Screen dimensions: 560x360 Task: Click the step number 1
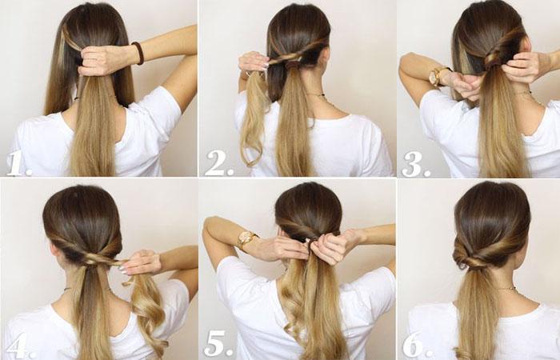tap(18, 164)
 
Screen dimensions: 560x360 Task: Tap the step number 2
tap(218, 163)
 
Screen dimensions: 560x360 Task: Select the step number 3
tap(416, 164)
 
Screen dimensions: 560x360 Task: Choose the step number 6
tap(417, 346)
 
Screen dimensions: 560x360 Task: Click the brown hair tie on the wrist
tap(138, 53)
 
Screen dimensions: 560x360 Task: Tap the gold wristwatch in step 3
tap(437, 76)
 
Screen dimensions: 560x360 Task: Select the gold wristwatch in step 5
tap(246, 238)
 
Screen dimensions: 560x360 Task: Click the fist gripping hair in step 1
tap(102, 60)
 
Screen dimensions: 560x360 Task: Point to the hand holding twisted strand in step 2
tap(253, 62)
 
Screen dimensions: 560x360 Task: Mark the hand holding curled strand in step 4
tap(140, 262)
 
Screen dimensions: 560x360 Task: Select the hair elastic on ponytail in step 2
tap(293, 65)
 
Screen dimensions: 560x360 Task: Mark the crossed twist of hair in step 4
tap(94, 258)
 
